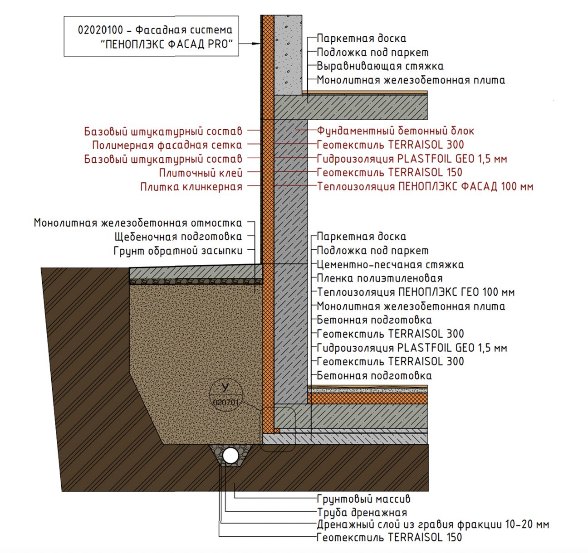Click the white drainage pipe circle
pyautogui.click(x=230, y=456)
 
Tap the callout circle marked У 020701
pyautogui.click(x=226, y=395)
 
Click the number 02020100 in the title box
pyautogui.click(x=100, y=30)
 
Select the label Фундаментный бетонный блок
pyautogui.click(x=395, y=131)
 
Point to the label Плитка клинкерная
pyautogui.click(x=191, y=187)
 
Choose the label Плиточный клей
pyautogui.click(x=201, y=173)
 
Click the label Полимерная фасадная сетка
pyautogui.click(x=167, y=145)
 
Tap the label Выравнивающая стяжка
pyautogui.click(x=380, y=66)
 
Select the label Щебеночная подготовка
pyautogui.click(x=178, y=237)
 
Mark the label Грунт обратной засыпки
pyautogui.click(x=178, y=251)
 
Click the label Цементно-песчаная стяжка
pyautogui.click(x=390, y=265)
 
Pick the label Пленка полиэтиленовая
pyautogui.click(x=379, y=278)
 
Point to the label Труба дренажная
pyautogui.click(x=362, y=513)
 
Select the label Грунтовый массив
pyautogui.click(x=363, y=499)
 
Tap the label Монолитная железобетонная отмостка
pyautogui.click(x=138, y=223)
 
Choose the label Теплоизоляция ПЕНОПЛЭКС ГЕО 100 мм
pyautogui.click(x=416, y=292)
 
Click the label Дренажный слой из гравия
pyautogui.click(x=432, y=525)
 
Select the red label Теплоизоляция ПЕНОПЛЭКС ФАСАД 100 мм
pyautogui.click(x=425, y=187)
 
